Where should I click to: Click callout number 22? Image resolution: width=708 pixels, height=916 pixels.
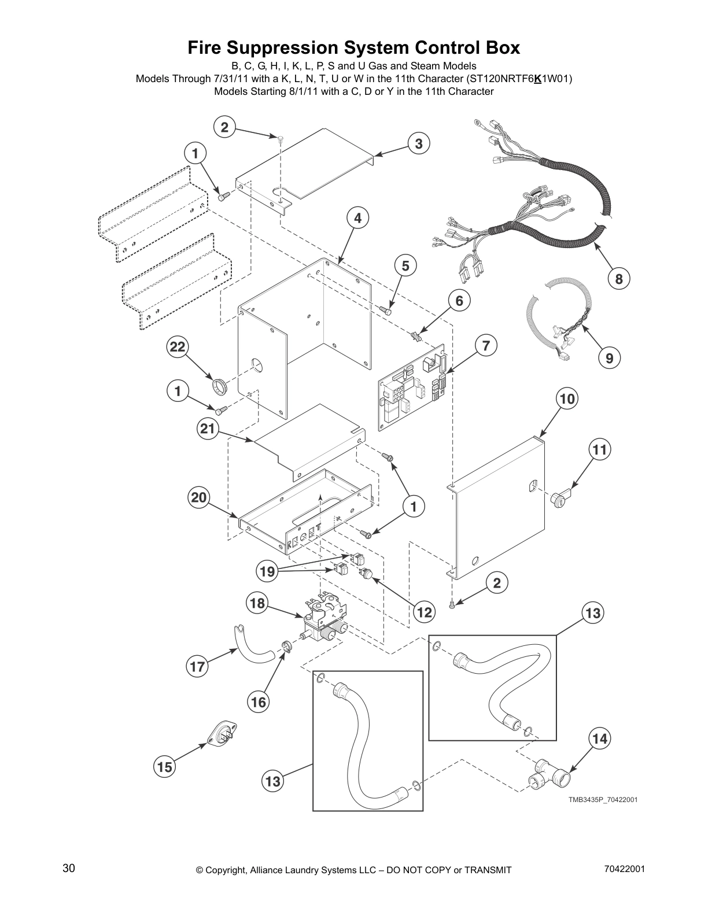(178, 347)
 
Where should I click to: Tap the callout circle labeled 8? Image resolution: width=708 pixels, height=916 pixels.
(618, 279)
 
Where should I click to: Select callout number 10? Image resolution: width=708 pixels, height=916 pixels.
(567, 398)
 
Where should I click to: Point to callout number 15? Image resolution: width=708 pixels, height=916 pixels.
(164, 767)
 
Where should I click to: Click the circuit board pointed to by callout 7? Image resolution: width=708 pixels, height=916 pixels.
(412, 389)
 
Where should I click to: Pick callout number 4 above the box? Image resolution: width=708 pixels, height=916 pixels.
(358, 218)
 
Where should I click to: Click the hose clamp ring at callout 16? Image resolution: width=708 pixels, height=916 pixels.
(286, 647)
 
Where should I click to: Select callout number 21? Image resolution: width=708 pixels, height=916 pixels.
(208, 429)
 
